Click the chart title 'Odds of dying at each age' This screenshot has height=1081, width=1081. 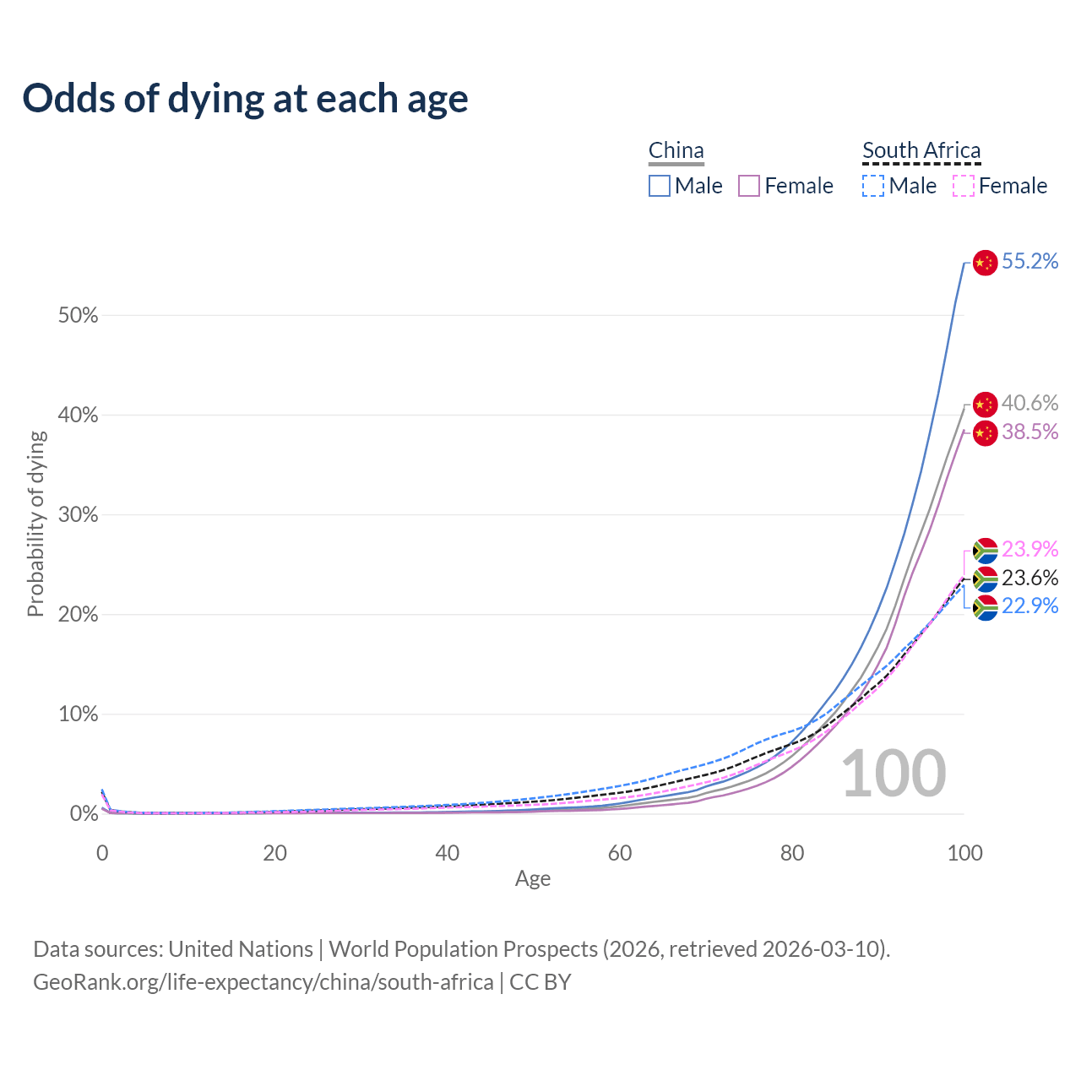pos(245,99)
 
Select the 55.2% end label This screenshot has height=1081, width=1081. pos(1029,262)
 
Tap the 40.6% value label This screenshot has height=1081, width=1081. pos(1029,404)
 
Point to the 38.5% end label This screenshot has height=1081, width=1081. pos(1029,432)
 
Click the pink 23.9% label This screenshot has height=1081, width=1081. pos(1029,549)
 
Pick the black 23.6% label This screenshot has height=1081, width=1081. pos(1029,578)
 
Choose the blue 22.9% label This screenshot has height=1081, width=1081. pos(1029,606)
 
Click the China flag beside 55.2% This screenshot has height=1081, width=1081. pos(985,263)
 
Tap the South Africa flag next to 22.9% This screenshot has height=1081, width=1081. pos(985,607)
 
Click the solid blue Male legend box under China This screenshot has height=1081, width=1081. pos(660,186)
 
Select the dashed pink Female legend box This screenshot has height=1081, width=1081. pos(964,186)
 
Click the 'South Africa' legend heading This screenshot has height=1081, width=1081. pos(921,151)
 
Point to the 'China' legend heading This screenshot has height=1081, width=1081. pos(676,151)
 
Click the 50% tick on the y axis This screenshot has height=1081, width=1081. pos(79,316)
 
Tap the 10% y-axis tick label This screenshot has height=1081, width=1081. pos(79,714)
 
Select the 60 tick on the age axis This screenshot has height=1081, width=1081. pos(620,853)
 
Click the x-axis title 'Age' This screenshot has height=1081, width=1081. pos(533,879)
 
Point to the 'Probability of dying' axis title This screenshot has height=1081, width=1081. pos(35,524)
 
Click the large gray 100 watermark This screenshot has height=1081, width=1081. pos(894,774)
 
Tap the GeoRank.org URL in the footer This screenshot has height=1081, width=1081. pos(263,982)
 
